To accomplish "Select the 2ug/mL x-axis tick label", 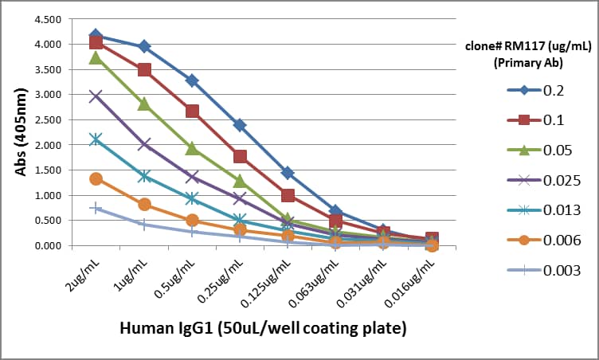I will [x=83, y=272].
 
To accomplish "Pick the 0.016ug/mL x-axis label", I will [x=412, y=280].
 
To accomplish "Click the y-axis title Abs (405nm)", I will [x=22, y=131].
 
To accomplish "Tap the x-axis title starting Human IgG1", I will [x=262, y=327].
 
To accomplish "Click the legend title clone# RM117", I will [x=526, y=53].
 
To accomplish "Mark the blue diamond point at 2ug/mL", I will [x=96, y=35].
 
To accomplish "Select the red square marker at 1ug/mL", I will [x=144, y=70].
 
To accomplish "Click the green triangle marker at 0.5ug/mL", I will [x=192, y=148].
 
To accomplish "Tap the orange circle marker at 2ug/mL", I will [x=96, y=178].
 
